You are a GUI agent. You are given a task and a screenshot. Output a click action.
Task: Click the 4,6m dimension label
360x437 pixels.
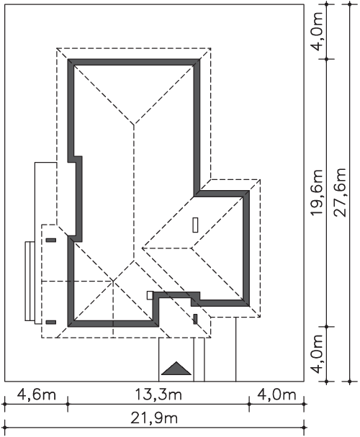(x=37, y=395)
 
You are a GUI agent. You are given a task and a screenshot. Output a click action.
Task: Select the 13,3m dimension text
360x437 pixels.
(x=158, y=395)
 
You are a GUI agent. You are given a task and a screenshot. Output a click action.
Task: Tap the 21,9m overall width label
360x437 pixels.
(x=154, y=418)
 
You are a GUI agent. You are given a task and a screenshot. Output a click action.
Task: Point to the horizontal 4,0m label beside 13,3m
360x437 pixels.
(x=276, y=395)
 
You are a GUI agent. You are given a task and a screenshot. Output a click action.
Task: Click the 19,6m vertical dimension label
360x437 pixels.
(x=317, y=192)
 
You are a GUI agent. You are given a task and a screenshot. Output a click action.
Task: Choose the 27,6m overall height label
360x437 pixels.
(x=341, y=192)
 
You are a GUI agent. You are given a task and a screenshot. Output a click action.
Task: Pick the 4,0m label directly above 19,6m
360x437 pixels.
(x=317, y=31)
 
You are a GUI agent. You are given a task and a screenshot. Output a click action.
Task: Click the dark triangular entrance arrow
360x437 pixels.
(x=176, y=368)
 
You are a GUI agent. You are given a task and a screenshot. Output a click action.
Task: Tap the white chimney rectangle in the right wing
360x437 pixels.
(x=195, y=225)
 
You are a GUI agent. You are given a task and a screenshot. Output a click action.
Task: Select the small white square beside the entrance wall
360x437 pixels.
(x=150, y=295)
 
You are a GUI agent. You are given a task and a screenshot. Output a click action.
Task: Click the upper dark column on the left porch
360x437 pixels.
(x=50, y=240)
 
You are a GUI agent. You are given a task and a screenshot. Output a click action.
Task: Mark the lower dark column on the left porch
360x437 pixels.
(x=50, y=323)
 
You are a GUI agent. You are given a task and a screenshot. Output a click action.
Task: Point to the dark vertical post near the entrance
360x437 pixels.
(x=195, y=319)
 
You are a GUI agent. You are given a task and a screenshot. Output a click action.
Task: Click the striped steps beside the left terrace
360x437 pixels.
(x=30, y=281)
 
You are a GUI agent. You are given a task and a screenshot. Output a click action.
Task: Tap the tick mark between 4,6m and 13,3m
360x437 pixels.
(x=68, y=404)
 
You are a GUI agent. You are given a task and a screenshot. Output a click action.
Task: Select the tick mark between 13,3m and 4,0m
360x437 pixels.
(x=249, y=404)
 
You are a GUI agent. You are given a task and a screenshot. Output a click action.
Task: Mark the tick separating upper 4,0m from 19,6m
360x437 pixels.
(x=327, y=59)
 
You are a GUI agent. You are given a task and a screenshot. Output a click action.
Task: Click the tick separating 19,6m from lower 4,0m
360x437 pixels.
(x=327, y=326)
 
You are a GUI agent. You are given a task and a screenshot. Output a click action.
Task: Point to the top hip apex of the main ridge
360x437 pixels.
(x=134, y=125)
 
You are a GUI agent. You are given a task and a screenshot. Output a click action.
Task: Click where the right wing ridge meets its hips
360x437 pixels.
(x=192, y=248)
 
